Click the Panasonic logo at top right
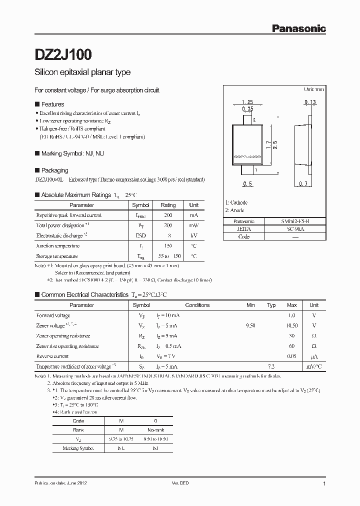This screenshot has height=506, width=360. [x=298, y=29]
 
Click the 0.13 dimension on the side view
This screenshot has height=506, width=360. [x=309, y=102]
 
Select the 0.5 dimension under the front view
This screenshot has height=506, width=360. [x=246, y=184]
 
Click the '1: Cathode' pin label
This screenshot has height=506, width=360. [x=236, y=202]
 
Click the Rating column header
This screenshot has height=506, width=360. [x=168, y=205]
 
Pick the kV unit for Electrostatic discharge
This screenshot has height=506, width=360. [x=194, y=235]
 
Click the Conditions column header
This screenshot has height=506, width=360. [x=197, y=305]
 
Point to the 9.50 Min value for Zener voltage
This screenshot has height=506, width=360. [x=251, y=325]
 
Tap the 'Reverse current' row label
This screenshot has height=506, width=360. [x=52, y=356]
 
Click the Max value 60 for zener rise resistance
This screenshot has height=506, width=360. [x=292, y=346]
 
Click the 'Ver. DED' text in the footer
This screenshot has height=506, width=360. [x=180, y=484]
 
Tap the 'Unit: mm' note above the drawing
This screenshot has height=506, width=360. [x=314, y=89]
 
